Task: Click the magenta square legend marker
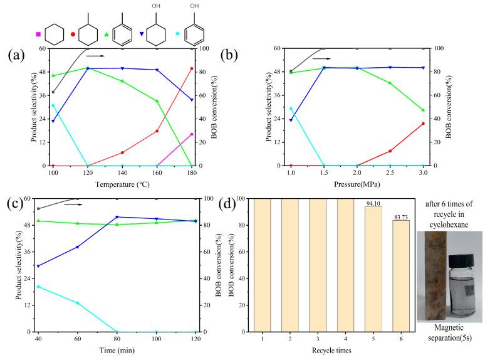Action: click(39, 33)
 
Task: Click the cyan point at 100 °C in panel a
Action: click(53, 105)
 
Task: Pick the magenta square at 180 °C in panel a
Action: click(192, 134)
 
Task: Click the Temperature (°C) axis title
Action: click(122, 186)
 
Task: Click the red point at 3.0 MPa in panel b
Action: click(423, 124)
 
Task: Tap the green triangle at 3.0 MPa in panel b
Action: click(423, 110)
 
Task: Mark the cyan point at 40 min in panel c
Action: click(38, 287)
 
